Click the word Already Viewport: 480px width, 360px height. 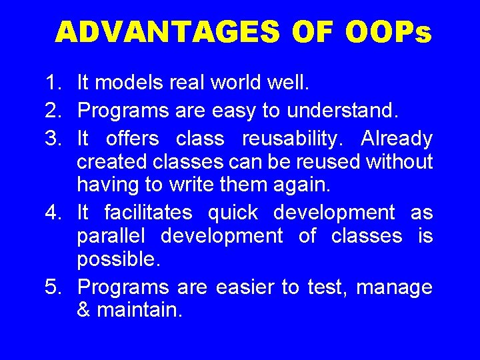coord(397,139)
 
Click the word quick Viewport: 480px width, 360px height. coord(233,213)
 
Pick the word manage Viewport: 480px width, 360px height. coord(394,288)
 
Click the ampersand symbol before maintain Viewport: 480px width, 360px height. coord(84,311)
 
